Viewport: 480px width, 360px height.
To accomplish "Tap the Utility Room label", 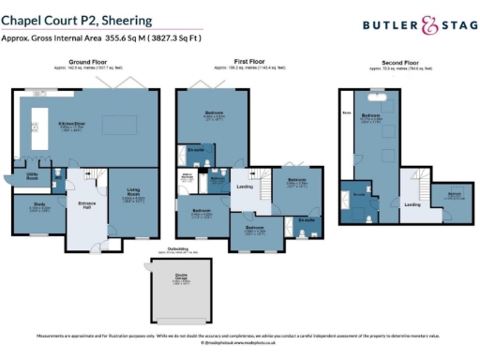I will tap(31, 175).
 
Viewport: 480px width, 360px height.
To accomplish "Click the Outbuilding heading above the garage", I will tap(182, 248).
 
